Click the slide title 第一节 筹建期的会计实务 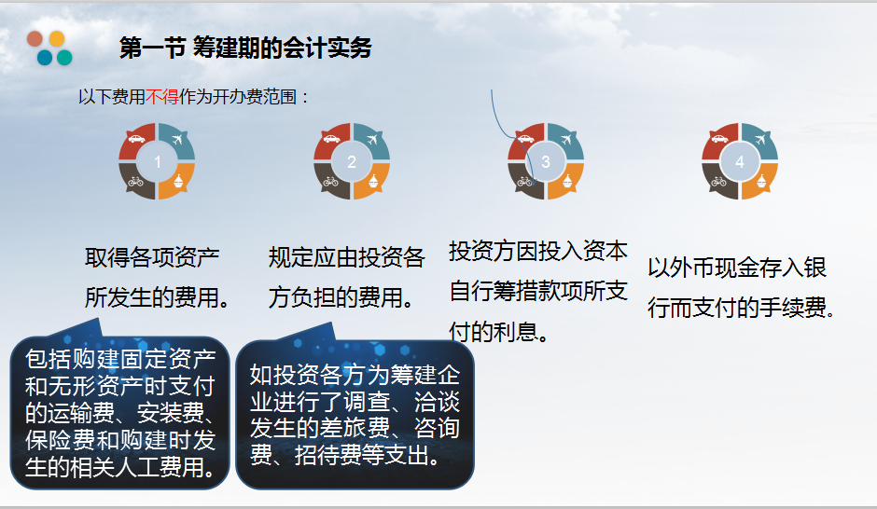(x=245, y=48)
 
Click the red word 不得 (x=161, y=97)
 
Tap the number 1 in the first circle (x=158, y=162)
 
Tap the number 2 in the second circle (x=352, y=162)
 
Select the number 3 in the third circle (x=546, y=162)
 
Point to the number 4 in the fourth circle (x=740, y=162)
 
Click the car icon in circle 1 (x=135, y=140)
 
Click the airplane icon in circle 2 (x=374, y=140)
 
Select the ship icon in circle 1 (x=179, y=182)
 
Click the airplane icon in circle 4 (x=762, y=140)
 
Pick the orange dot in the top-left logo (x=57, y=39)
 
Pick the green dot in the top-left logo (x=64, y=58)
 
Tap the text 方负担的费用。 (x=342, y=298)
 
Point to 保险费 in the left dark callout (x=58, y=440)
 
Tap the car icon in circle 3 (x=524, y=140)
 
